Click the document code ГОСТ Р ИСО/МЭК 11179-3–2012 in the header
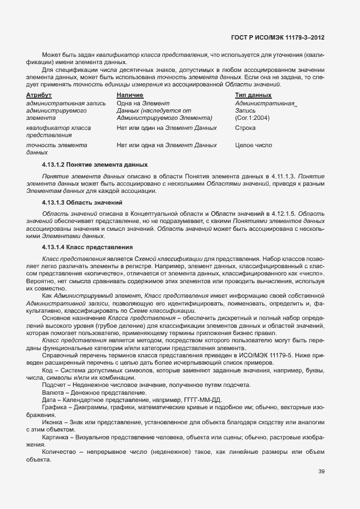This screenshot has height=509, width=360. click(277, 38)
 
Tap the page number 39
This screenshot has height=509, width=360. click(321, 471)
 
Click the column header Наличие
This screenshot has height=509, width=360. click(130, 95)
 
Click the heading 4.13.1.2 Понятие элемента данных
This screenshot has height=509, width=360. click(95, 165)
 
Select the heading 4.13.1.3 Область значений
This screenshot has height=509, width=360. click(82, 201)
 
